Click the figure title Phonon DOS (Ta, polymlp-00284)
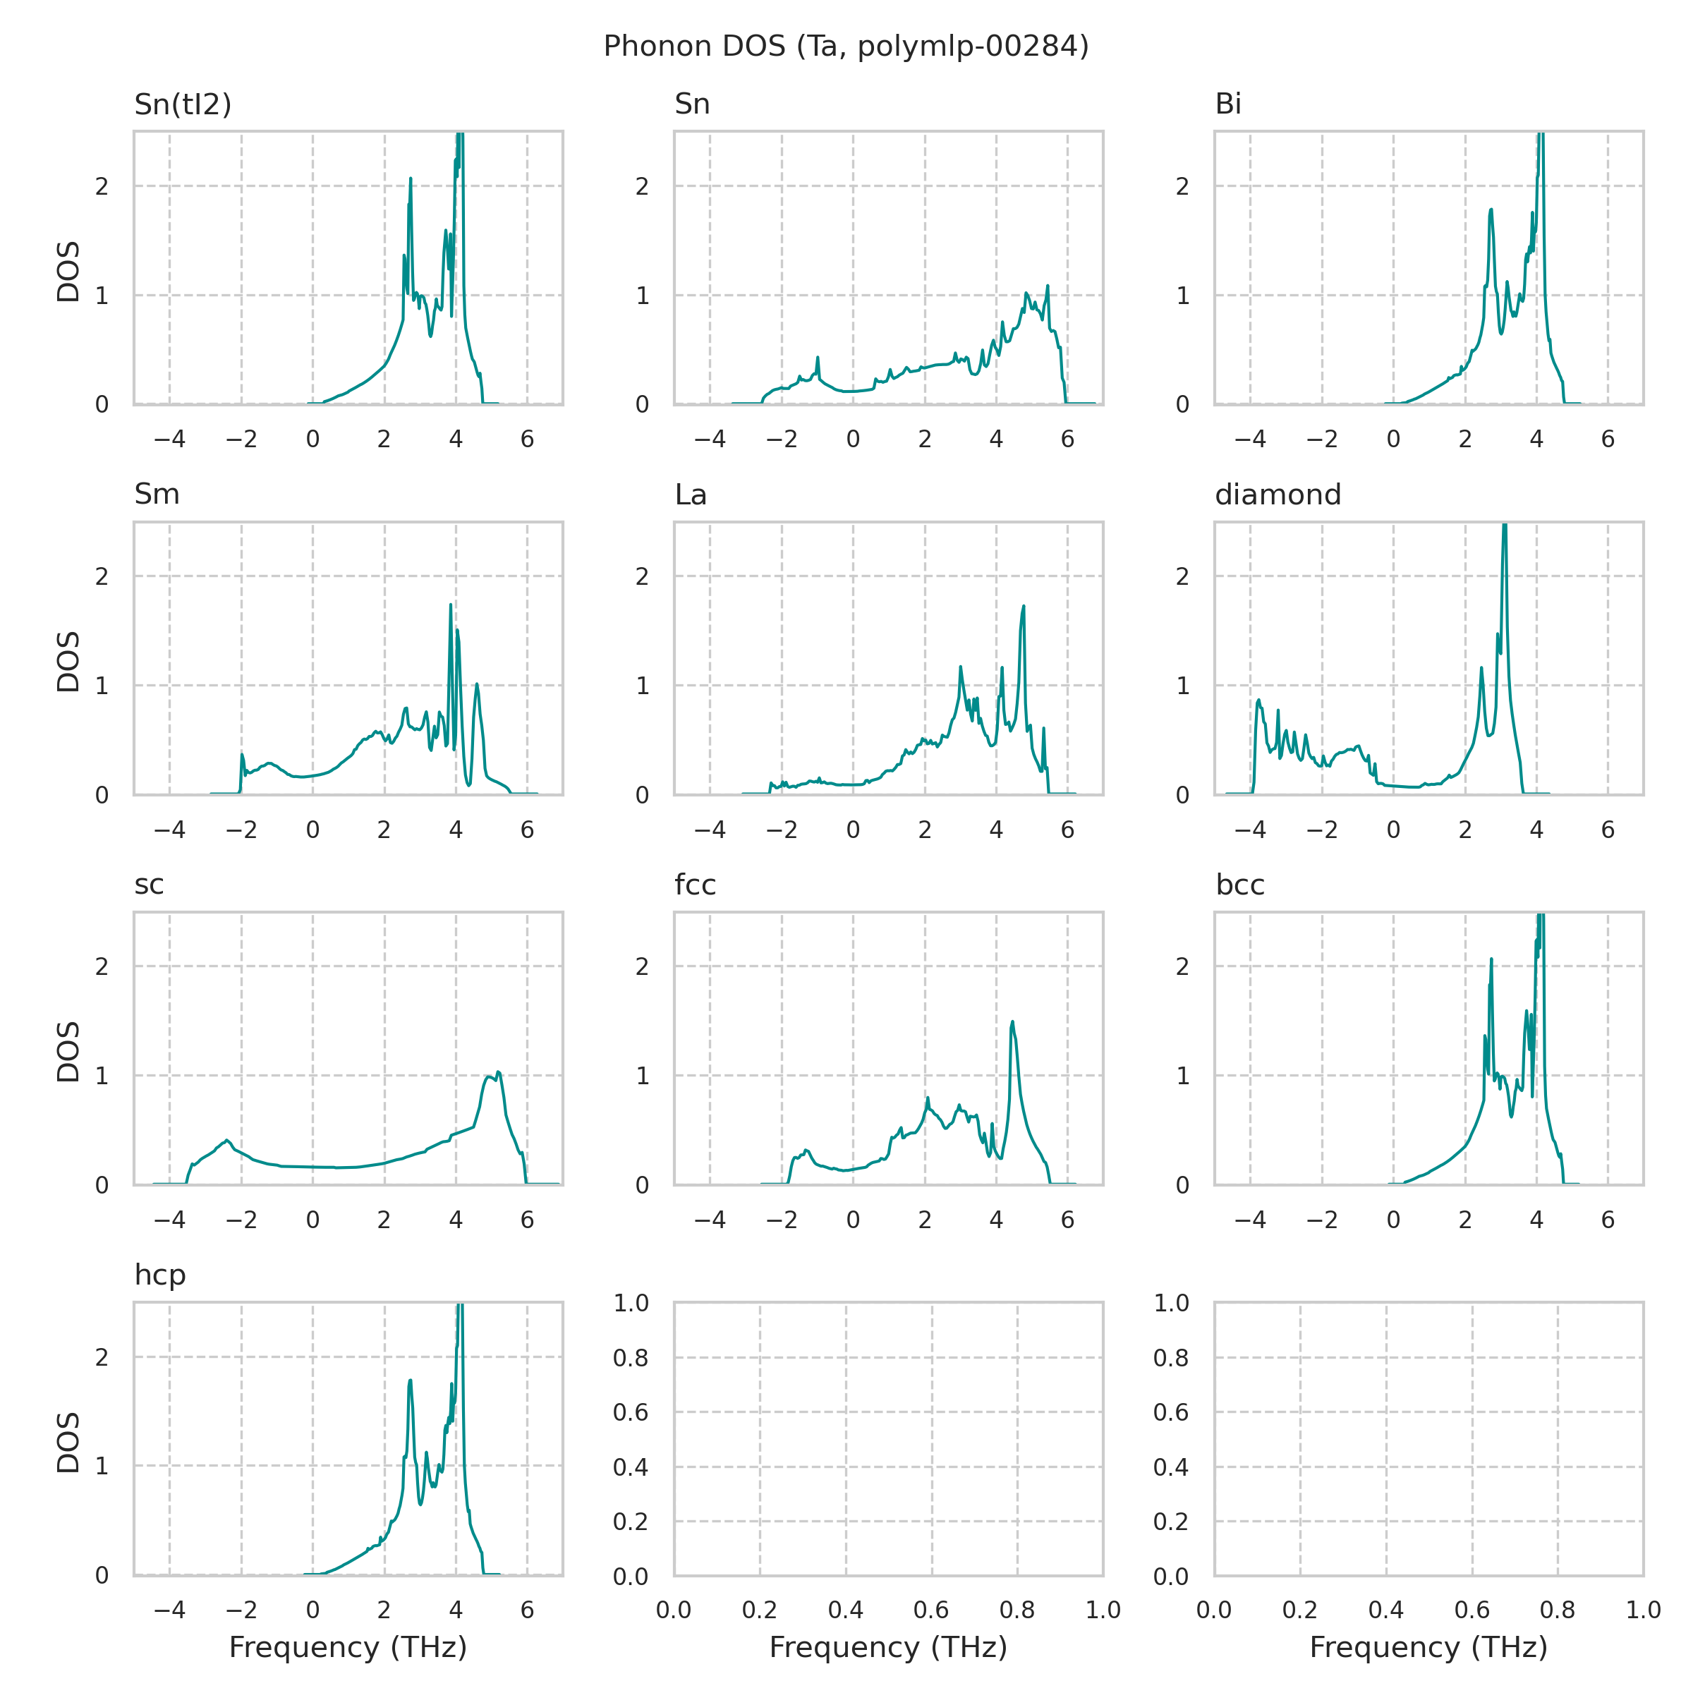[846, 47]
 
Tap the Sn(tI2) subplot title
[182, 104]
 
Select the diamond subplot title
[1278, 495]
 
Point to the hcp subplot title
[159, 1275]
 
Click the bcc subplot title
[1240, 885]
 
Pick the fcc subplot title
[695, 885]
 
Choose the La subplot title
[691, 495]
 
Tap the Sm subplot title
[157, 495]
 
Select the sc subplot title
[149, 885]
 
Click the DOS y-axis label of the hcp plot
[68, 1441]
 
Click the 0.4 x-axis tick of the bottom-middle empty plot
[846, 1610]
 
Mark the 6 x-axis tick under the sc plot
[527, 1220]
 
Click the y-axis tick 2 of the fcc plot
[643, 966]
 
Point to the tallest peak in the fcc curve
[1012, 1021]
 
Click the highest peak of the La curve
[1023, 607]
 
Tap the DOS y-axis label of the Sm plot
[68, 662]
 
